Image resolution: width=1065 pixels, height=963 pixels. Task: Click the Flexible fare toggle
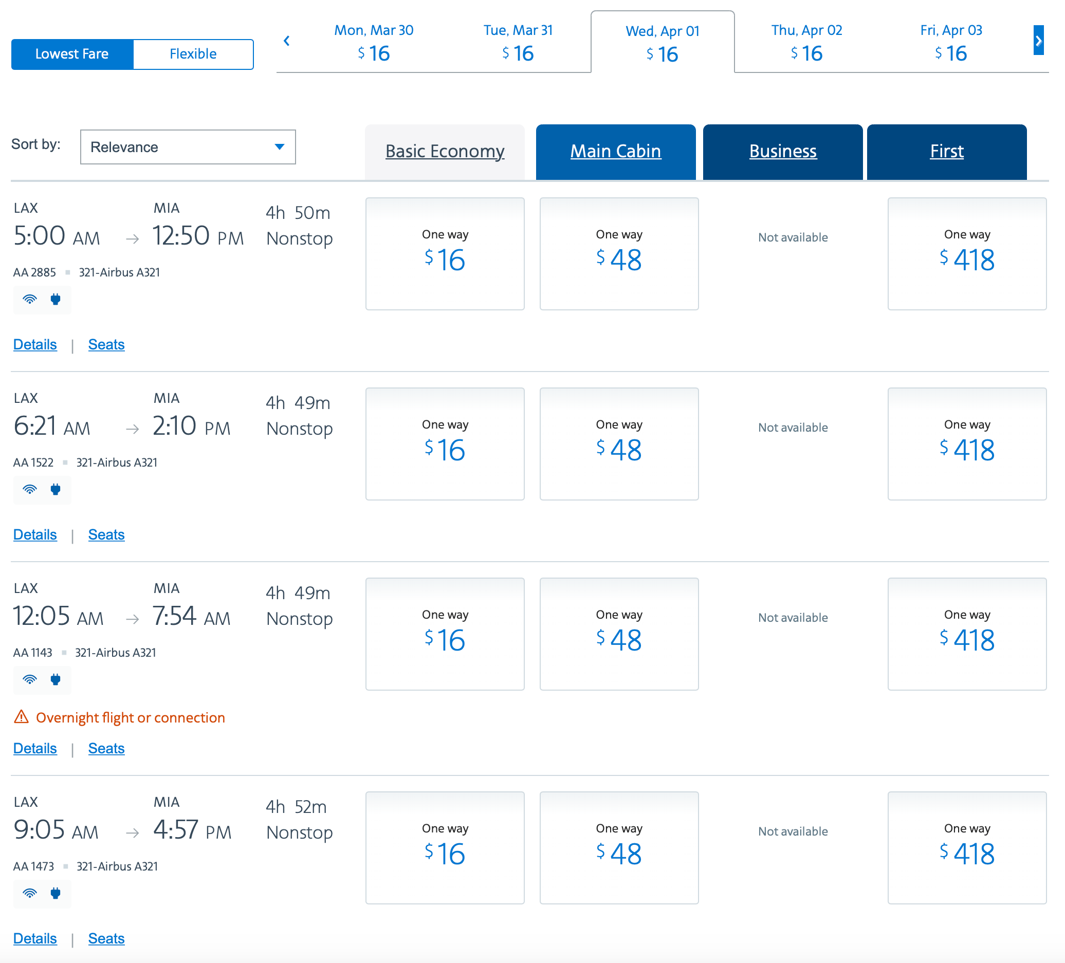(x=193, y=54)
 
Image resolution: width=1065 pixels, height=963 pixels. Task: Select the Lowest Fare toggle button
(x=72, y=54)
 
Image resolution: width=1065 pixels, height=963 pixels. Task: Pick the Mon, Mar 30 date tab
(x=374, y=42)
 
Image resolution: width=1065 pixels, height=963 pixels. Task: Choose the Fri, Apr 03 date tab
(x=950, y=42)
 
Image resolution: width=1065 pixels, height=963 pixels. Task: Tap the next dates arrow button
(x=1038, y=40)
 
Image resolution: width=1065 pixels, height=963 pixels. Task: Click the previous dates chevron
(x=286, y=40)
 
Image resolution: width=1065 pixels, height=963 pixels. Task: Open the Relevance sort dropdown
(x=188, y=147)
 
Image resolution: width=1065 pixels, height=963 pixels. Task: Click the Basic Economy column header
(x=444, y=151)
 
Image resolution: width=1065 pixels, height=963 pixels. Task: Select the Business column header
(x=782, y=151)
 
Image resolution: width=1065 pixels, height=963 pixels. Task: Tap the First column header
(x=946, y=151)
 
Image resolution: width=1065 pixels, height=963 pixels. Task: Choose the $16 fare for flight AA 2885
(x=444, y=253)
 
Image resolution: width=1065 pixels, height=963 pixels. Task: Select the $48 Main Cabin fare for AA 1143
(x=619, y=634)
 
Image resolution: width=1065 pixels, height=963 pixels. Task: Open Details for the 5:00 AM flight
(x=35, y=344)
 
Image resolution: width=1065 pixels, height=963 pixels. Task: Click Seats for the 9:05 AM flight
(x=106, y=938)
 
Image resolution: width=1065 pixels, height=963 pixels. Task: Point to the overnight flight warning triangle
(x=21, y=717)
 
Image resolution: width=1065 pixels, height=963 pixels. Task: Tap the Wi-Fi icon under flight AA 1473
(x=30, y=893)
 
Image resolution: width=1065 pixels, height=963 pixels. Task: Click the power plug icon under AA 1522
(x=56, y=489)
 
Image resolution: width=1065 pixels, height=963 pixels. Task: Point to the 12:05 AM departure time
(x=58, y=616)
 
